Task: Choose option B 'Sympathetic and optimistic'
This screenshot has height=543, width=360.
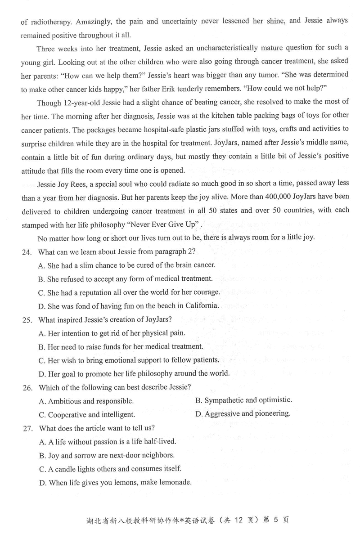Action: pos(243,400)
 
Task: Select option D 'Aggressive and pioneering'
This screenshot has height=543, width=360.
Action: pos(243,413)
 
